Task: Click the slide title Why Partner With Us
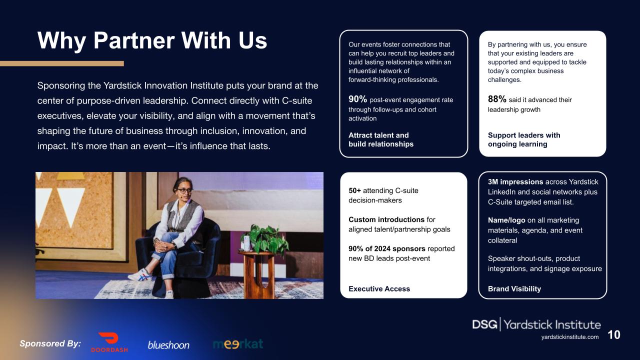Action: click(152, 40)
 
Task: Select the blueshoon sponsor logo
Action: click(168, 345)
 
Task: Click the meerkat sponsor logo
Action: click(238, 344)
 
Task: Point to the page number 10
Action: click(614, 335)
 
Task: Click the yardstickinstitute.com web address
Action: click(569, 337)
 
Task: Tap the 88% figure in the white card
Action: click(497, 99)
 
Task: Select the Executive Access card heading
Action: click(379, 288)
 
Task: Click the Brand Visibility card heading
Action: click(514, 288)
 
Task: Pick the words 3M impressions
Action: click(515, 182)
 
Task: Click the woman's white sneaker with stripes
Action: click(140, 275)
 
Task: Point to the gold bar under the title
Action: click(61, 63)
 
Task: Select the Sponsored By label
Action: click(50, 343)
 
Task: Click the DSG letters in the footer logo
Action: click(484, 324)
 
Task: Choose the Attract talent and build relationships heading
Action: click(380, 139)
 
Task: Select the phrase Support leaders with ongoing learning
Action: click(523, 139)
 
